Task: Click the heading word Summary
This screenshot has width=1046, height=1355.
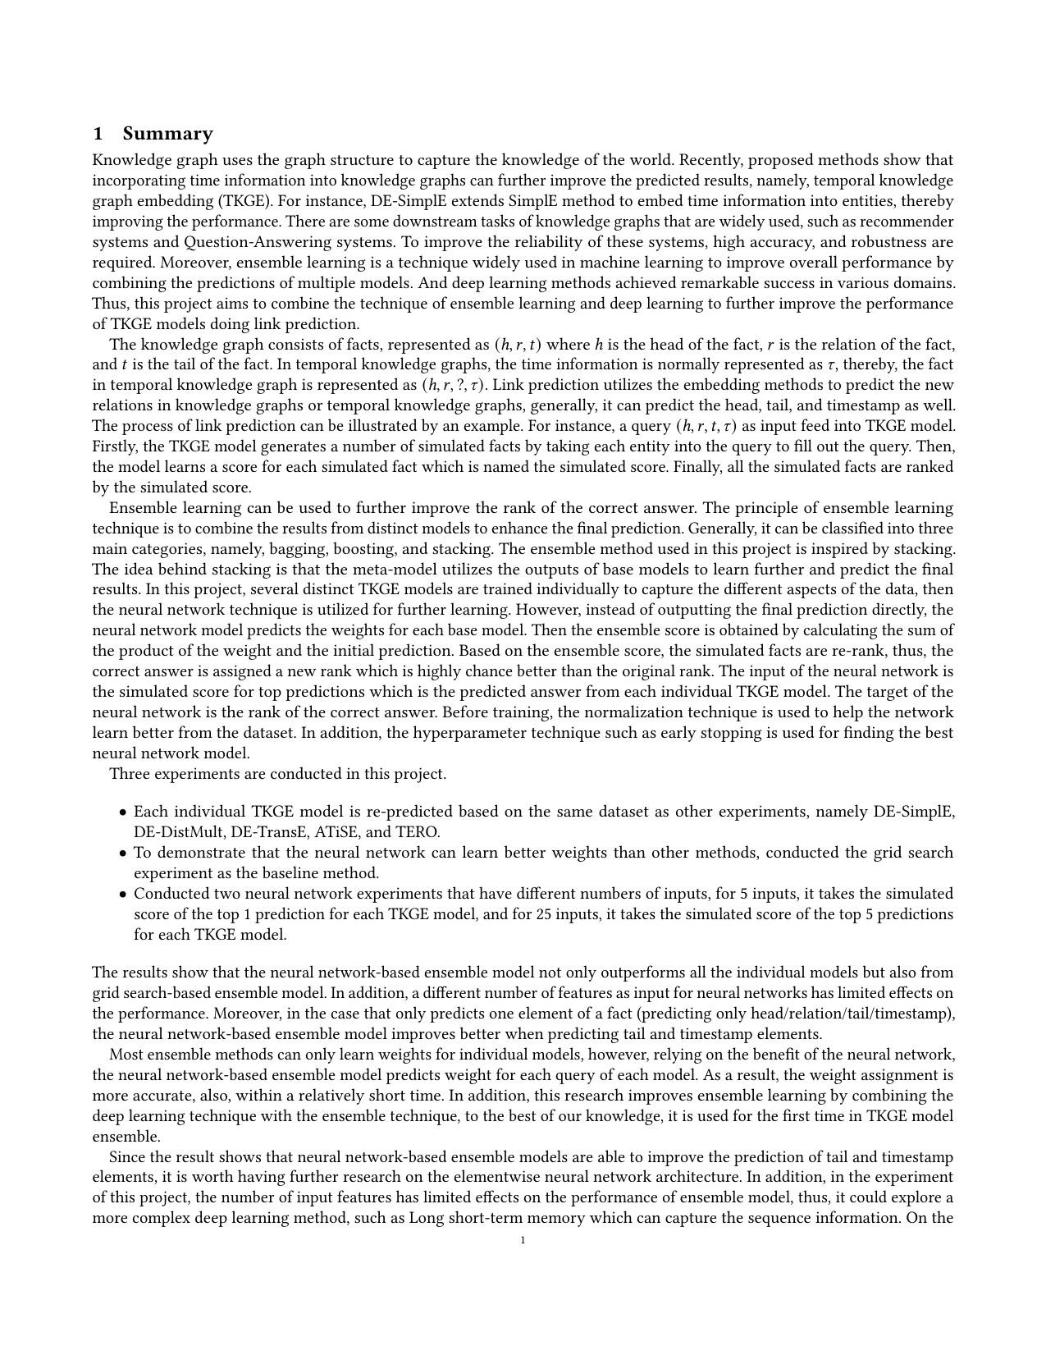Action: click(x=167, y=134)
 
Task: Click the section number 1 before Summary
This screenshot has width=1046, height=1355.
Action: click(x=98, y=134)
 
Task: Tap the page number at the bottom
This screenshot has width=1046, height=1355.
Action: click(x=523, y=1240)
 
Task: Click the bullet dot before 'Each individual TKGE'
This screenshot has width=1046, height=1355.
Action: click(x=123, y=813)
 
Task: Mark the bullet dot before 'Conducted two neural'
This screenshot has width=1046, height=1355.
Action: click(x=123, y=895)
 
